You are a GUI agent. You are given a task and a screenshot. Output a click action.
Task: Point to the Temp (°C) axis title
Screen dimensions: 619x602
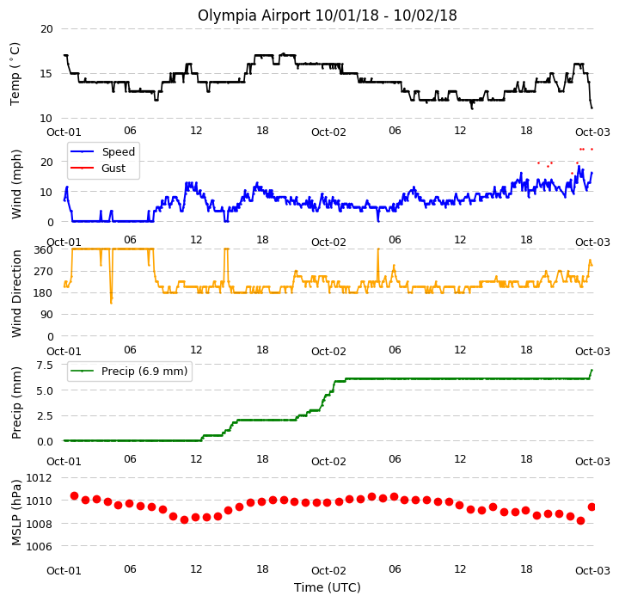point(15,74)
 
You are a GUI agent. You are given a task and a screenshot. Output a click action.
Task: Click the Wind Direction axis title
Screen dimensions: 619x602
point(16,293)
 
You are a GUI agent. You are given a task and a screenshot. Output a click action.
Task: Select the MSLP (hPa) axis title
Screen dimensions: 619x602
point(16,513)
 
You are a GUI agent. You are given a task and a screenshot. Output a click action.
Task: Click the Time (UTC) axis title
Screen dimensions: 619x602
point(328,587)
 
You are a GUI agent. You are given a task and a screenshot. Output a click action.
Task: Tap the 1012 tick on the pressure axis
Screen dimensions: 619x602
point(39,478)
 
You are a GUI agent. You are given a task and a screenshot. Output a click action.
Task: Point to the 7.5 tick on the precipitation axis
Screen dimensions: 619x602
point(44,365)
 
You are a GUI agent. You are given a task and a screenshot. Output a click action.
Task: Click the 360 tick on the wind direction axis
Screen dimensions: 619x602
point(44,250)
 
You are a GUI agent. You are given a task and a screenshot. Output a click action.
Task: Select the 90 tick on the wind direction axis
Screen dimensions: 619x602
point(47,315)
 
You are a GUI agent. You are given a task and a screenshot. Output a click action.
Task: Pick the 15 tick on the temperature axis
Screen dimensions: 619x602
point(46,74)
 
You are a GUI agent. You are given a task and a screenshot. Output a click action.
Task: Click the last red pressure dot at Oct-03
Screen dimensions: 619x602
point(591,507)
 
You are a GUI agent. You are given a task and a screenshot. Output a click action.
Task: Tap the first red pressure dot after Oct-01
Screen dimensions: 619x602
point(74,495)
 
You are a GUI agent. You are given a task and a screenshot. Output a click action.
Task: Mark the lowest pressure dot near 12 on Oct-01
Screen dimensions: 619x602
point(184,519)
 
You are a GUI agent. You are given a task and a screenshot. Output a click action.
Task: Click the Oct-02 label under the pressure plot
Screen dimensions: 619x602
point(328,571)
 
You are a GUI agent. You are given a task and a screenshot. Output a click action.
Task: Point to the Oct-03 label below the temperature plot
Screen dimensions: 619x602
point(592,132)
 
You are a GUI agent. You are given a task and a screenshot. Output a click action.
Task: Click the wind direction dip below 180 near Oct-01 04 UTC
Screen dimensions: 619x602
point(111,302)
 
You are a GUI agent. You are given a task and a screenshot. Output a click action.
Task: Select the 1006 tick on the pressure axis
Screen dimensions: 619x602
point(39,547)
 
